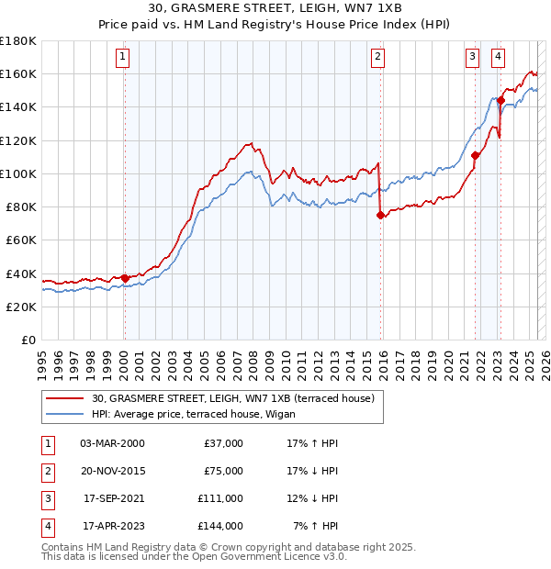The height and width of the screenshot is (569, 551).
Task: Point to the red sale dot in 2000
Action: coord(125,277)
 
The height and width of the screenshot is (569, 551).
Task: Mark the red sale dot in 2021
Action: coord(476,155)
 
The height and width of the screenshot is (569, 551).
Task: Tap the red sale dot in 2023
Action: coord(501,100)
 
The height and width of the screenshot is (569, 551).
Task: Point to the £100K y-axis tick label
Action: coord(18,173)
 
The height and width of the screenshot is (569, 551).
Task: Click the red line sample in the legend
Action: coord(64,399)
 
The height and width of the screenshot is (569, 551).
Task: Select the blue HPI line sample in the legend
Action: coord(64,415)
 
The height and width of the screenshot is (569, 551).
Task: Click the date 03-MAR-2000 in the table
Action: coord(112,443)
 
